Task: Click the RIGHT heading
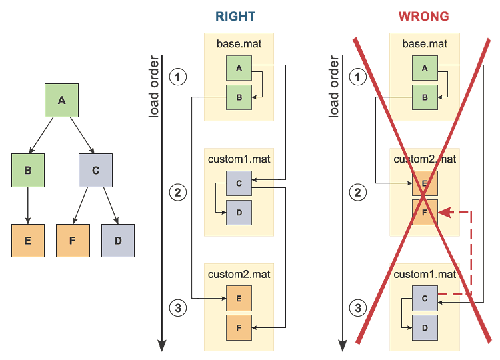236,17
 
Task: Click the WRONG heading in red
423,17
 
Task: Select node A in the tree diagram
61,101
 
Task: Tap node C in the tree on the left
95,171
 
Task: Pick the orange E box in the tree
28,241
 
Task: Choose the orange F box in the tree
73,241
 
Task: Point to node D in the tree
118,241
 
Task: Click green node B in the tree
28,171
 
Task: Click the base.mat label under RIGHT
239,45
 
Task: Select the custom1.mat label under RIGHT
239,160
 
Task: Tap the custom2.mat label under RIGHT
239,274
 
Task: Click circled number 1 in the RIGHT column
177,77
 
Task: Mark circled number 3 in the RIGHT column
177,308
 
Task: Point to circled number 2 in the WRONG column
358,194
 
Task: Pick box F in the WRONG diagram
425,212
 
